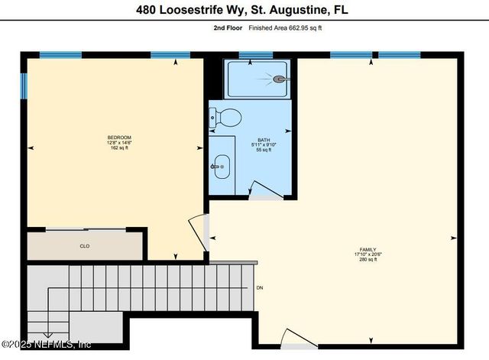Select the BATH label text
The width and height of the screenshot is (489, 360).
point(264,140)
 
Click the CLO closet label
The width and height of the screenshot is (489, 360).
point(84,246)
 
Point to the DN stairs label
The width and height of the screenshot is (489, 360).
point(260,288)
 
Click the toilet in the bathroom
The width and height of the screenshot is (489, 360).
point(226,117)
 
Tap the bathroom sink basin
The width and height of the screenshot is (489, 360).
point(222,165)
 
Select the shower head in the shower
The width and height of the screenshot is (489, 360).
point(280,79)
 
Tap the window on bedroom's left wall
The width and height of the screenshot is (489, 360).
point(23,84)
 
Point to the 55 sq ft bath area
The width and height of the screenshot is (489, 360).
point(264,151)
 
